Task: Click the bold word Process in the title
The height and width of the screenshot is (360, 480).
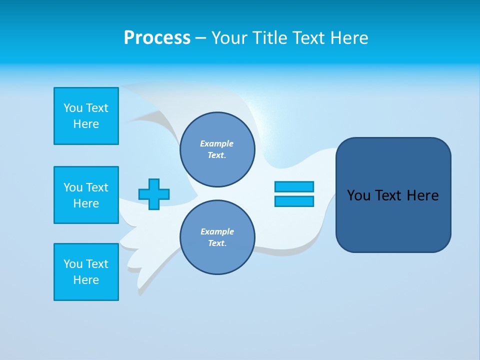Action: [157, 38]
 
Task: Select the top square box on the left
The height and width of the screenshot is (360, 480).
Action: [86, 116]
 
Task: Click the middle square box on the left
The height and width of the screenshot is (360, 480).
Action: [86, 195]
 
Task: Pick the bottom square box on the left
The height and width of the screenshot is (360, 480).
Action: [86, 272]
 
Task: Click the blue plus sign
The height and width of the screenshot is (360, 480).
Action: [154, 194]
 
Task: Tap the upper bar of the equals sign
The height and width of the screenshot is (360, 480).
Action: [294, 186]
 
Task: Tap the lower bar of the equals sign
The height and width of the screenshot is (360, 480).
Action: [294, 201]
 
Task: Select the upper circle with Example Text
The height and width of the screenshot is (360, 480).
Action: [217, 149]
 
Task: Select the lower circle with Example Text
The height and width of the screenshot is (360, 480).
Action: [217, 237]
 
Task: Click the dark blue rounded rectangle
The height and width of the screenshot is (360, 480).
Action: [393, 220]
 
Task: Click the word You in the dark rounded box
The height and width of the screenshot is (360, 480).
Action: [358, 195]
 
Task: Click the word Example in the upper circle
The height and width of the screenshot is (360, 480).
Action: [217, 143]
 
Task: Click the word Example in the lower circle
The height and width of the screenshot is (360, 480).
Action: [217, 231]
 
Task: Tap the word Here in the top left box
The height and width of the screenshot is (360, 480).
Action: [86, 124]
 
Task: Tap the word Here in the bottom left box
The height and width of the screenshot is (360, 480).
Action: [86, 280]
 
